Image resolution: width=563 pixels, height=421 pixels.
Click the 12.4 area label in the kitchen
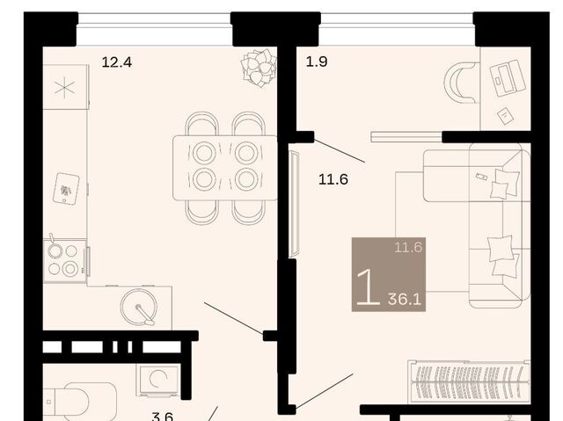point(117,62)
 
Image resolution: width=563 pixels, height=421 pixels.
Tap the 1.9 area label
point(317,62)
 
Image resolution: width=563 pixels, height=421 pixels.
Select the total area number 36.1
point(405,299)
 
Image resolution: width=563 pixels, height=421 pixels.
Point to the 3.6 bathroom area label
point(162,416)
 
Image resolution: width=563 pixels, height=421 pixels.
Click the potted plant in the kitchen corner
point(259,68)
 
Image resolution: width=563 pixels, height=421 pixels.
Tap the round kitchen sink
point(139,308)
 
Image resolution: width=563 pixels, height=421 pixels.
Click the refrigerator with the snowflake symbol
point(66,87)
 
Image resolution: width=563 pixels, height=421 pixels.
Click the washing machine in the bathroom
point(157,381)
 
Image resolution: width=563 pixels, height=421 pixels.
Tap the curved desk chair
point(461,82)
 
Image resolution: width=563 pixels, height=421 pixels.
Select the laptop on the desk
point(508,78)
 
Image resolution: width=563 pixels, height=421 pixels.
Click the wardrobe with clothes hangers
point(469,381)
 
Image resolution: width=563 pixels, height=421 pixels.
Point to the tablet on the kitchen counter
point(66,189)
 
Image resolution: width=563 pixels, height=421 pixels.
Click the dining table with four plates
point(225,168)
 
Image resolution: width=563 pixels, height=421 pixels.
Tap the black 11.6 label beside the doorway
point(333,179)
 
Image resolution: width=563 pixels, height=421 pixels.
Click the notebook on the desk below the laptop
point(505,116)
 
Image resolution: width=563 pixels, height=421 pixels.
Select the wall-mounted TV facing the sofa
point(293,204)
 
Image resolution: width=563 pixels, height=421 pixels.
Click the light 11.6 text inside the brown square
point(408,248)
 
